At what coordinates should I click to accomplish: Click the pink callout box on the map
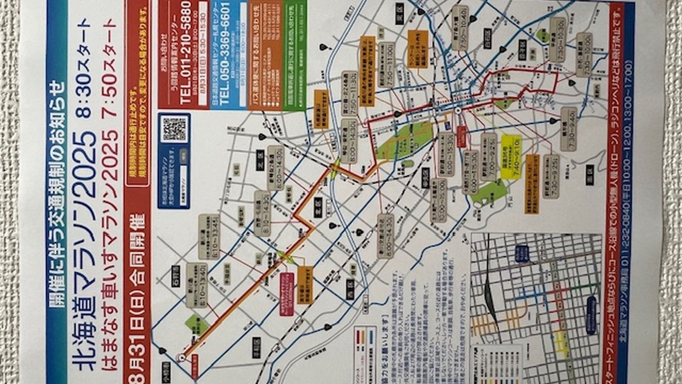pos(287,294)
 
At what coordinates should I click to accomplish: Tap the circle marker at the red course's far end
pos(181,357)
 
